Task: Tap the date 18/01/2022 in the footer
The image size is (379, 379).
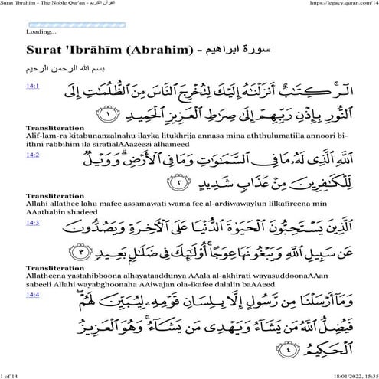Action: pos(330,374)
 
